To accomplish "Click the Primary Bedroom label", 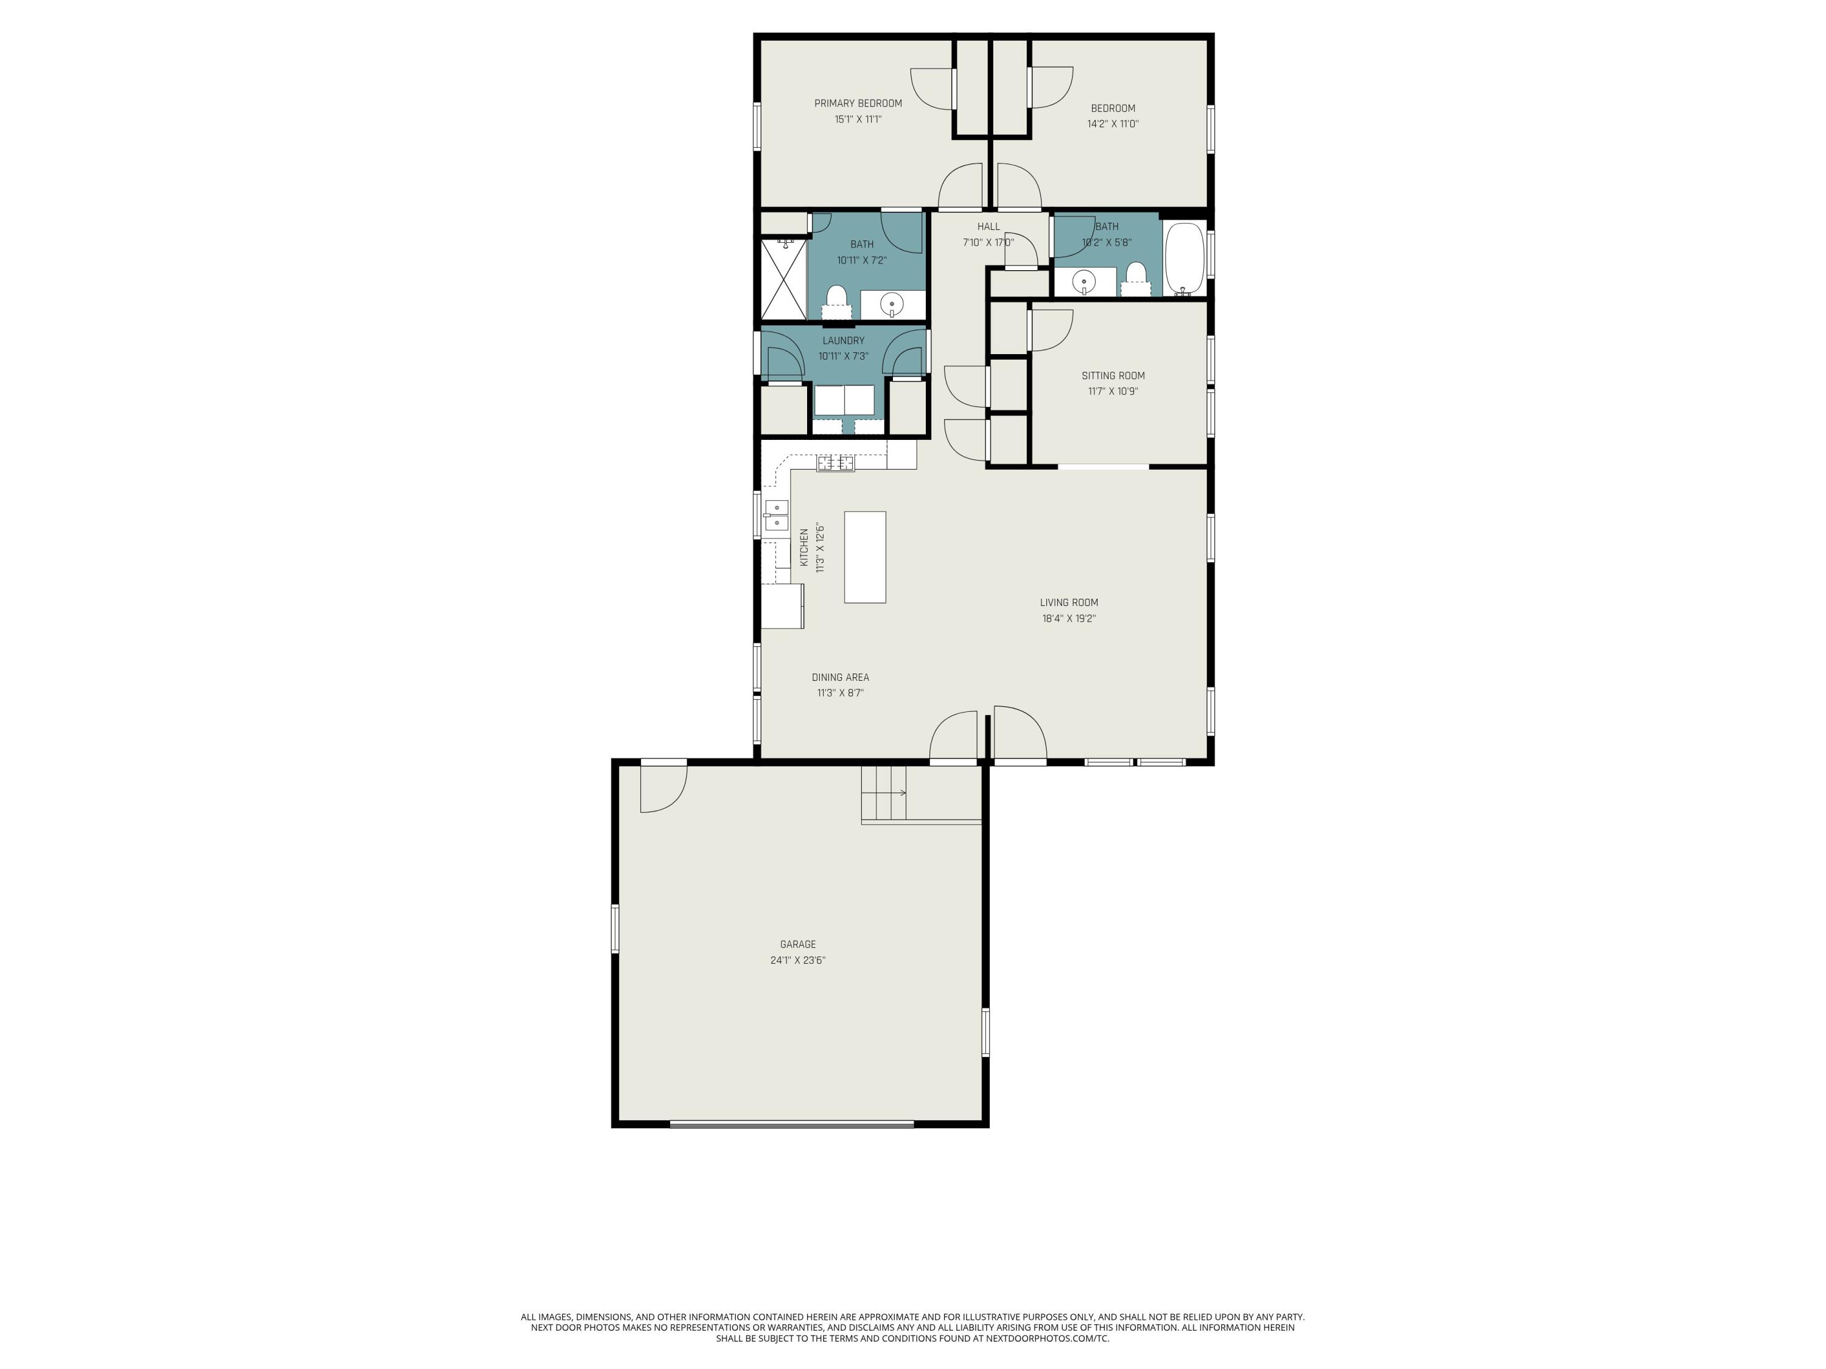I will click(858, 103).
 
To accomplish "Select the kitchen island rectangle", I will click(864, 557).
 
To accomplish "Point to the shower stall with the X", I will click(783, 278).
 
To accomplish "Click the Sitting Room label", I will click(1113, 375).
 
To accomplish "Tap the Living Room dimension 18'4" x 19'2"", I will click(1068, 618).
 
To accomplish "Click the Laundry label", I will click(843, 341).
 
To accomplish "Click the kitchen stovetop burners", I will click(836, 463).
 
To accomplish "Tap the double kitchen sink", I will click(776, 514).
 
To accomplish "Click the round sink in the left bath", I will click(892, 304).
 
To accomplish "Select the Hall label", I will click(988, 226).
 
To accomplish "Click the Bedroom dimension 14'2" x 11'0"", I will click(1113, 124).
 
